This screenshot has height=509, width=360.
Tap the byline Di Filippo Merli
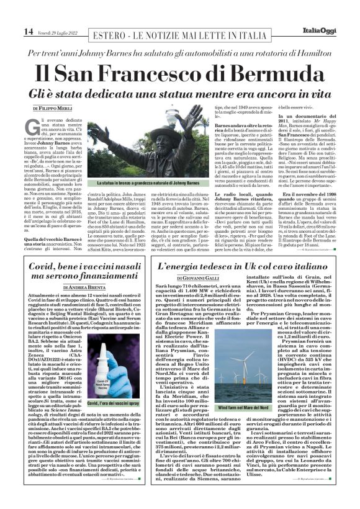(x=52, y=108)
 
